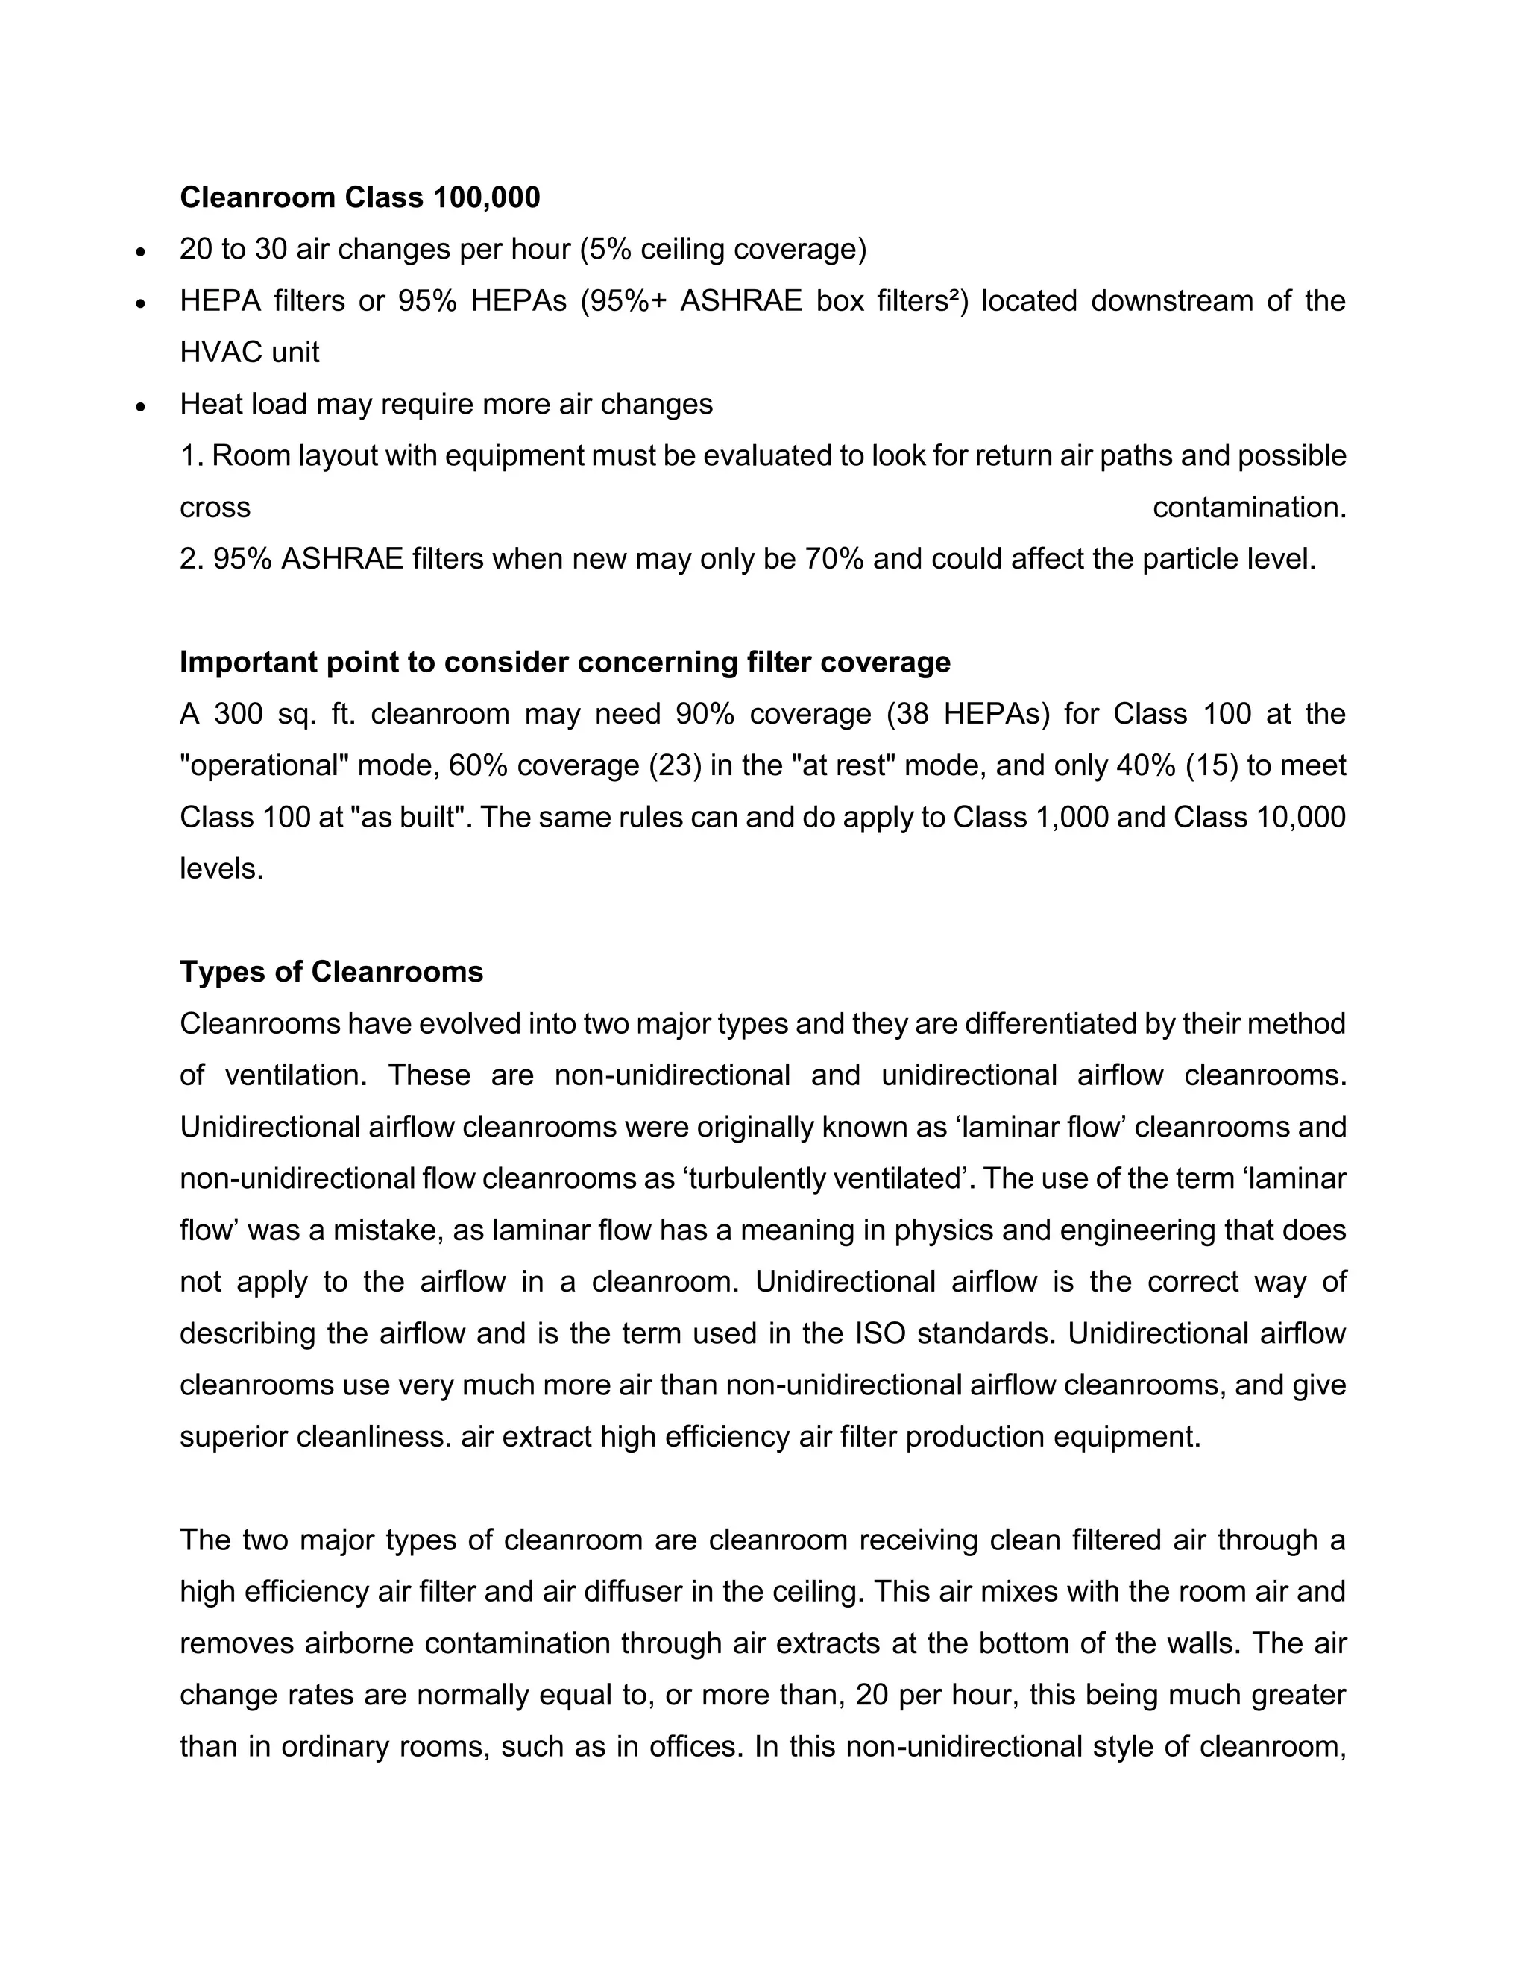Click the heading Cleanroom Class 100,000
click(359, 197)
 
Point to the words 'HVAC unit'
click(250, 352)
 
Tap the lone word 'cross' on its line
click(215, 508)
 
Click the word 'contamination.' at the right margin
click(1248, 508)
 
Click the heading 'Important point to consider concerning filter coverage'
click(564, 662)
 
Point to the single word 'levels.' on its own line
click(221, 869)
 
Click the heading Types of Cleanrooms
click(331, 972)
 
